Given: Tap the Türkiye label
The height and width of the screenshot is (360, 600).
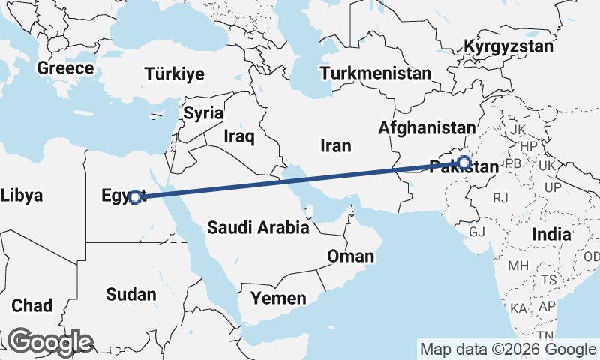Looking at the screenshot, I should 175,73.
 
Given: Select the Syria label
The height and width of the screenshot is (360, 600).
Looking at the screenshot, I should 203,114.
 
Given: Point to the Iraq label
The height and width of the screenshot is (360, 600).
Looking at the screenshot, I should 240,136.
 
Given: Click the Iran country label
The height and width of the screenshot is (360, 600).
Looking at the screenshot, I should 335,145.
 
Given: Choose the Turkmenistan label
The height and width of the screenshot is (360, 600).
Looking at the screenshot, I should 375,73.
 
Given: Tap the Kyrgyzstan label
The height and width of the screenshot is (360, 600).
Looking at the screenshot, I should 508,46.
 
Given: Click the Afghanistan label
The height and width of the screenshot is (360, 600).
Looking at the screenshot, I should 427,128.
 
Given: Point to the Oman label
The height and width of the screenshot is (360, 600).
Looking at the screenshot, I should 350,256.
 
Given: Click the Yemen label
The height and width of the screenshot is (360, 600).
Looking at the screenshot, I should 278,298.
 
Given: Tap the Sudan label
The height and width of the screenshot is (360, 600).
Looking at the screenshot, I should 130,294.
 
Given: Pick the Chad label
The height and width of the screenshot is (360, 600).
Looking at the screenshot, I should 32,305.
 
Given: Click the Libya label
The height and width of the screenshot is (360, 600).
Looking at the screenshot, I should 21,196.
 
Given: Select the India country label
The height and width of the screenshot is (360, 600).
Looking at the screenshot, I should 551,234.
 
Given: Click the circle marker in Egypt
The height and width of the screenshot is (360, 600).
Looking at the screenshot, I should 134,197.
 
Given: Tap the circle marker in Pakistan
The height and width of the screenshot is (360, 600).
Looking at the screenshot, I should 464,162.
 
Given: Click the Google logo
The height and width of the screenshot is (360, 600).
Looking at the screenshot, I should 50,342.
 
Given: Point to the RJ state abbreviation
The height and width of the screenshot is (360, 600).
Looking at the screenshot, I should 500,198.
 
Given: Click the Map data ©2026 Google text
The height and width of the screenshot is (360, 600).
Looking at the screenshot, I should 508,349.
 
